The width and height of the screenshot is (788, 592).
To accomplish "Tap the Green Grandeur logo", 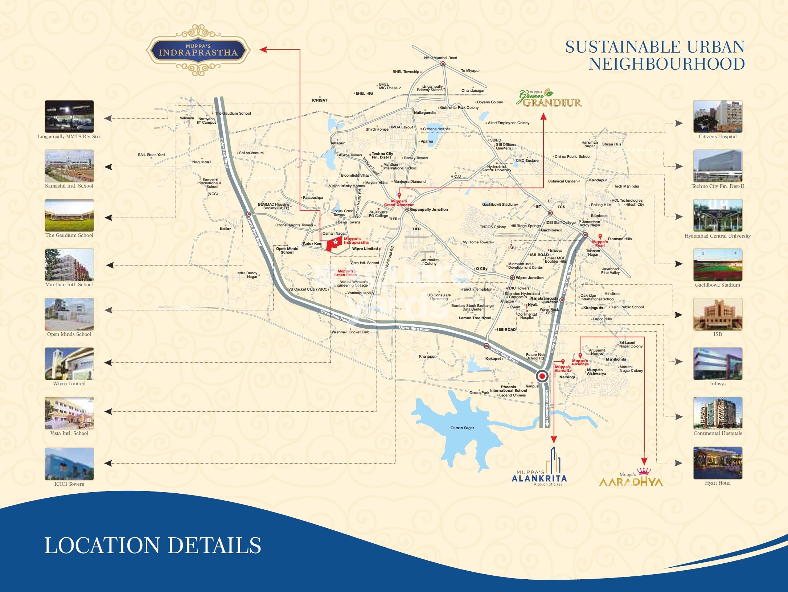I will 549,99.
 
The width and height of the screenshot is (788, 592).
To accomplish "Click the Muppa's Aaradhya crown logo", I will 631,478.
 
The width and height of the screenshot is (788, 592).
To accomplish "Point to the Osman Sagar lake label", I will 462,428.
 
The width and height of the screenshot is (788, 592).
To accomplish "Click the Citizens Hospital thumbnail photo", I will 717,117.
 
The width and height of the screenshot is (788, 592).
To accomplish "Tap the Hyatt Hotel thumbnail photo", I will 717,463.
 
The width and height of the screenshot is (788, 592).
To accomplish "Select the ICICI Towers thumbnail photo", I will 69,464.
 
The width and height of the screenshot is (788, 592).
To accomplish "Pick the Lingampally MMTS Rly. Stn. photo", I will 69,117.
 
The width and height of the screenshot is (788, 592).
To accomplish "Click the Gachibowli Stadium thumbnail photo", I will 717,265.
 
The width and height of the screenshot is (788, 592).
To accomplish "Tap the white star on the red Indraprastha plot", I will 335,242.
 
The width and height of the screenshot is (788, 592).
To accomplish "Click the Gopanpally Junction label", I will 428,210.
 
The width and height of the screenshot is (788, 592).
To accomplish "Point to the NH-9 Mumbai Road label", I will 440,58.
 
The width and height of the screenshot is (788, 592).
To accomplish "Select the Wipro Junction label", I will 529,278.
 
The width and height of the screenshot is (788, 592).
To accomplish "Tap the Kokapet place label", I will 493,359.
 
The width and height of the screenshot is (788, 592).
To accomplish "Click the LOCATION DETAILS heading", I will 152,546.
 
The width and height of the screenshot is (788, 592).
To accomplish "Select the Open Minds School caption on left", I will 69,334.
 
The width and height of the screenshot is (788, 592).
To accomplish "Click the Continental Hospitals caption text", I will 717,433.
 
